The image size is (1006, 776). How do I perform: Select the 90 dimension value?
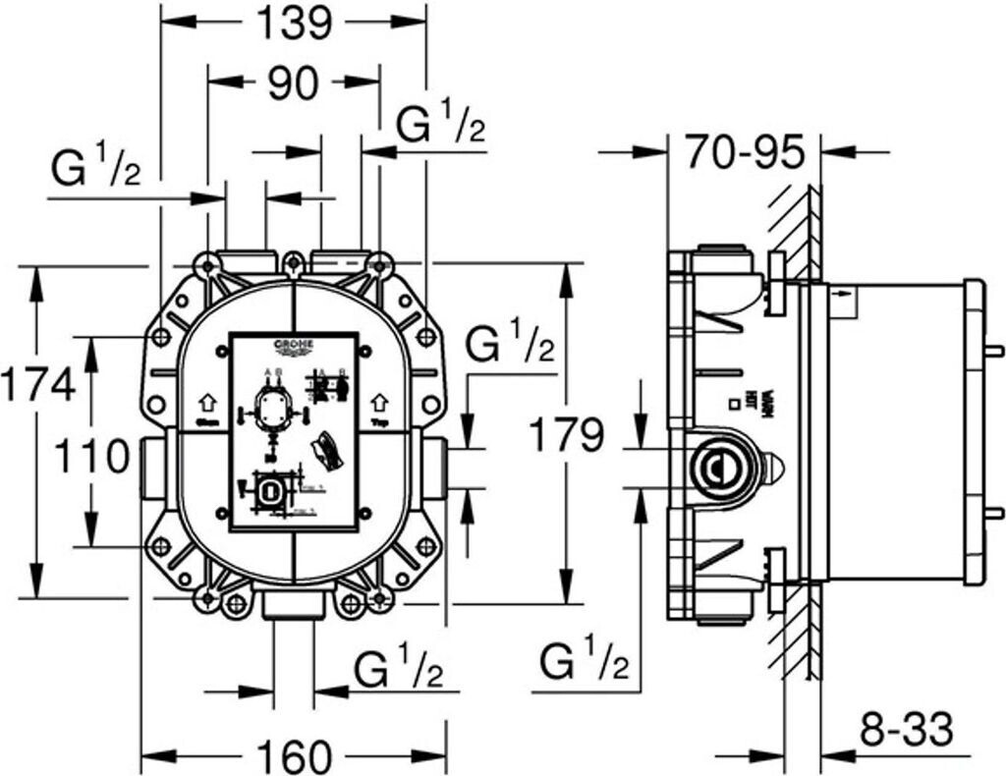293,84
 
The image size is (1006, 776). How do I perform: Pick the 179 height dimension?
566,433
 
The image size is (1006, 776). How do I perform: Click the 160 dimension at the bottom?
293,756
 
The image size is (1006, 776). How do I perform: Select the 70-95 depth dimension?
745,152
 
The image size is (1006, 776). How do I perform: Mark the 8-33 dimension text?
907,730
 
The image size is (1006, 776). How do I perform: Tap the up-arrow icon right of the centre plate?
380,402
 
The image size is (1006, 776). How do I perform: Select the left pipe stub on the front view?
152,469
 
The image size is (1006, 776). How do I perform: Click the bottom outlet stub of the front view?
294,605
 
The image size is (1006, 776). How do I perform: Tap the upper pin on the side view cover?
994,350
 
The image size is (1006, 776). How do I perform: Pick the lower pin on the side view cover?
994,512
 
